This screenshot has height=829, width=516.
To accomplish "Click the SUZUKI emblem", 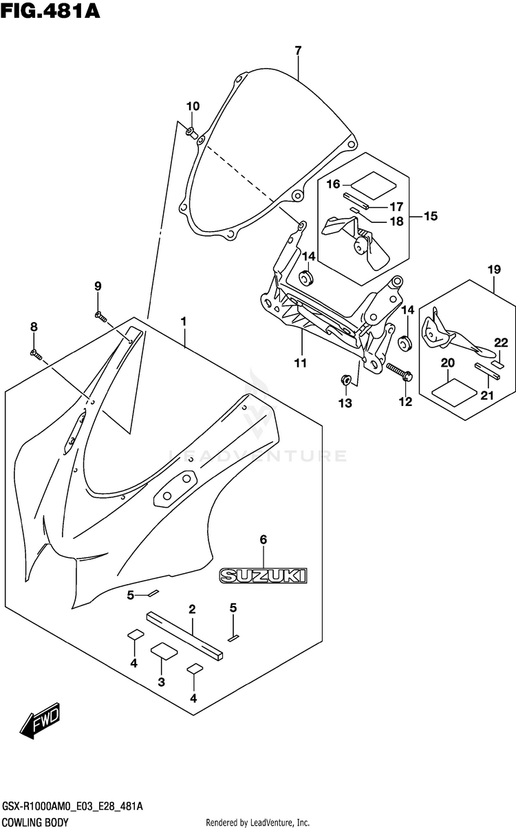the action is [x=264, y=576].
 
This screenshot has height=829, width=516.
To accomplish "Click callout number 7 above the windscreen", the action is [x=298, y=50].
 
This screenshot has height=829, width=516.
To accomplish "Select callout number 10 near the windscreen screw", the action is [x=193, y=106].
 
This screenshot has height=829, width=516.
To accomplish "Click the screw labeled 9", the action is [x=100, y=316].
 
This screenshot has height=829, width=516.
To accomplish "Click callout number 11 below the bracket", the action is [x=301, y=363].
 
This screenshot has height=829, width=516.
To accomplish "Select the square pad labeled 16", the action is [x=373, y=184].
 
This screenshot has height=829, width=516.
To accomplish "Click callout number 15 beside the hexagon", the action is [x=431, y=216].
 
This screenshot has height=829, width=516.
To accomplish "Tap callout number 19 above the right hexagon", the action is [x=495, y=269].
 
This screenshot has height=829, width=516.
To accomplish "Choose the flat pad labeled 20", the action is [x=455, y=391].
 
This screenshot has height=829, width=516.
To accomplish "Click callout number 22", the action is [x=501, y=343].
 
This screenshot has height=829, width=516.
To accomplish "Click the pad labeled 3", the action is [x=164, y=651].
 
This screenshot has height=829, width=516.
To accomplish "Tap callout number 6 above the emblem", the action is [x=264, y=539].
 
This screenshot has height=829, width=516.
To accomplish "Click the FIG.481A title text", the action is [x=50, y=11].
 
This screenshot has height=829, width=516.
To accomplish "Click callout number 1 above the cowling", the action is [x=183, y=321].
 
